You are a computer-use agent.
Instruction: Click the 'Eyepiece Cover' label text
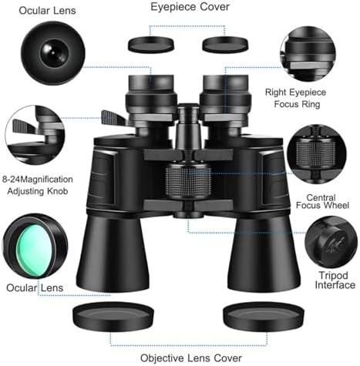pos(190,7)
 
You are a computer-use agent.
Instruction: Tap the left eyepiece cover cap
pos(151,45)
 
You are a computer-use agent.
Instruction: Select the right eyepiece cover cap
pos(225,45)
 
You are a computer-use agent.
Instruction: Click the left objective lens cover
pos(113,316)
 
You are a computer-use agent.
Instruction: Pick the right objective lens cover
pos(264,316)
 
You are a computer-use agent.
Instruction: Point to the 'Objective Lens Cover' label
pos(191,358)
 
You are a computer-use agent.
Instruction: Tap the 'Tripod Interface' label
pos(335,280)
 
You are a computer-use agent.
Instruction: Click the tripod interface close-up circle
pos(331,242)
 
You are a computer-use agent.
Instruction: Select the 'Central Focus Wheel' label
pos(322,201)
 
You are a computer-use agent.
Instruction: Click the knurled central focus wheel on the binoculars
pos(188,180)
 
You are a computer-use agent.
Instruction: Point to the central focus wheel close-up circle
pos(317,154)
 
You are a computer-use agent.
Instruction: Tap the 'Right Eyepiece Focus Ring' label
pos(296,98)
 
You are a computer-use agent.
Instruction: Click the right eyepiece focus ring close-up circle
pos(308,54)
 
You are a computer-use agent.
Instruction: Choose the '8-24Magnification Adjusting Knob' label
pos(38,185)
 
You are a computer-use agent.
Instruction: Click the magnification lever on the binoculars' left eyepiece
pos(113,117)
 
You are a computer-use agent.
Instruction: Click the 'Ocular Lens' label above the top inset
pos(47,11)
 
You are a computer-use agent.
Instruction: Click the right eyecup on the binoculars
pos(225,84)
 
